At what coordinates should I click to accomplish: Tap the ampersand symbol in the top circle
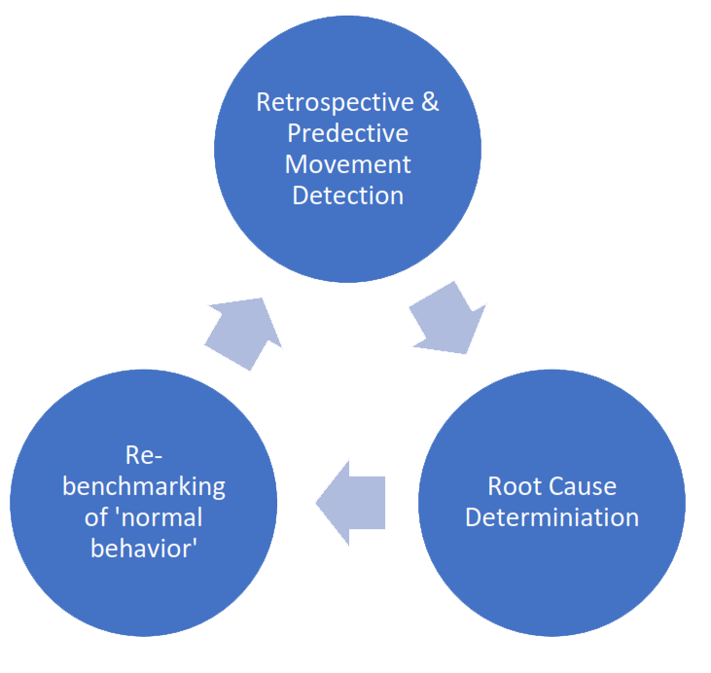pos(429,102)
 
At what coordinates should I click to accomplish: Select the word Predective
pos(347,133)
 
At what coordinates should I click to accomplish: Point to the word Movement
pos(347,164)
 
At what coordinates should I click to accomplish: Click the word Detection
pos(347,195)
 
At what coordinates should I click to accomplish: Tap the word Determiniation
pos(551,516)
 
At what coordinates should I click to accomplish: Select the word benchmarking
pos(143,485)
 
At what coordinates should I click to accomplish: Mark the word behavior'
pos(143,548)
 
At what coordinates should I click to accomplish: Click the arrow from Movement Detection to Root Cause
pos(446,316)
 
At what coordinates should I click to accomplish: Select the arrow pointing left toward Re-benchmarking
pos(351,503)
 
